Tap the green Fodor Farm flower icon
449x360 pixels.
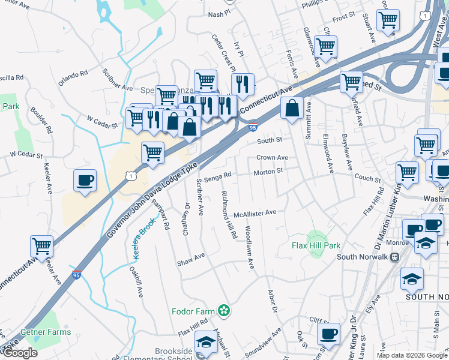pos(224,310)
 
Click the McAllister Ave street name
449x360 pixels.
pos(255,212)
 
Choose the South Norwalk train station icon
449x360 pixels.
pos(394,257)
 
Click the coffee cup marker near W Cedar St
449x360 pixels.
pos(85,180)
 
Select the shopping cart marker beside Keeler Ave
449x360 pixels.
pos(42,245)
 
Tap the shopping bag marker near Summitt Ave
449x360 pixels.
pos(292,109)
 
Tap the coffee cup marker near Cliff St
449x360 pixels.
pos(328,334)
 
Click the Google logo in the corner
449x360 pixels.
pos(20,353)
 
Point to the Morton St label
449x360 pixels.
pos(268,171)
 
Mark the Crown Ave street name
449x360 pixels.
pos(272,157)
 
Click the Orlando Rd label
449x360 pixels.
pos(73,77)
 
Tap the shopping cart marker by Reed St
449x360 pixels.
pos(351,82)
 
